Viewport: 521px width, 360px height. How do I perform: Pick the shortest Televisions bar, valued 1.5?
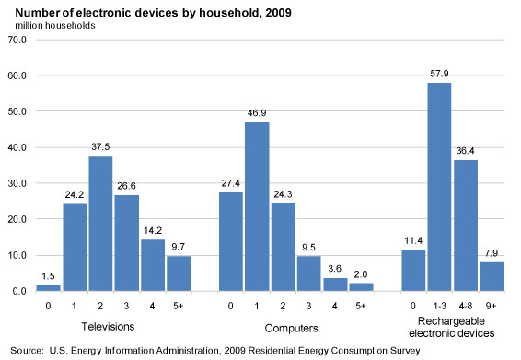pyautogui.click(x=48, y=287)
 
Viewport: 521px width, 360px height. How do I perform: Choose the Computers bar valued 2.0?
pyautogui.click(x=361, y=286)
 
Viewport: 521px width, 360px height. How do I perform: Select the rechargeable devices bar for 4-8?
pyautogui.click(x=465, y=226)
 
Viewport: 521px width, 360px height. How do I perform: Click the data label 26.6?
pyautogui.click(x=126, y=188)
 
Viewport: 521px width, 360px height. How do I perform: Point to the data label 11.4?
pyautogui.click(x=413, y=242)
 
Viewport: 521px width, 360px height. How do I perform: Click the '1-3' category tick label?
pyautogui.click(x=440, y=305)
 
